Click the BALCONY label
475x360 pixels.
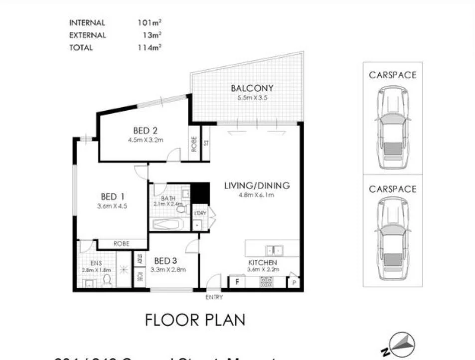[252, 89]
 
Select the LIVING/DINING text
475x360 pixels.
[257, 186]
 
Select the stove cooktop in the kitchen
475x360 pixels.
[266, 282]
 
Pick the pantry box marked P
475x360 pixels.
[295, 283]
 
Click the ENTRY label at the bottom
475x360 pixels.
[214, 297]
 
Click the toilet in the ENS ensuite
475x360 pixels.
[106, 281]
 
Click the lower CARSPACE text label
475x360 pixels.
[392, 189]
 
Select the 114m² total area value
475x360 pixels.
[150, 48]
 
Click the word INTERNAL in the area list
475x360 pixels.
[87, 23]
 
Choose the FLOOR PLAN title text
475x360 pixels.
[195, 320]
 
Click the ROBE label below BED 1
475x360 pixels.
[122, 244]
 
